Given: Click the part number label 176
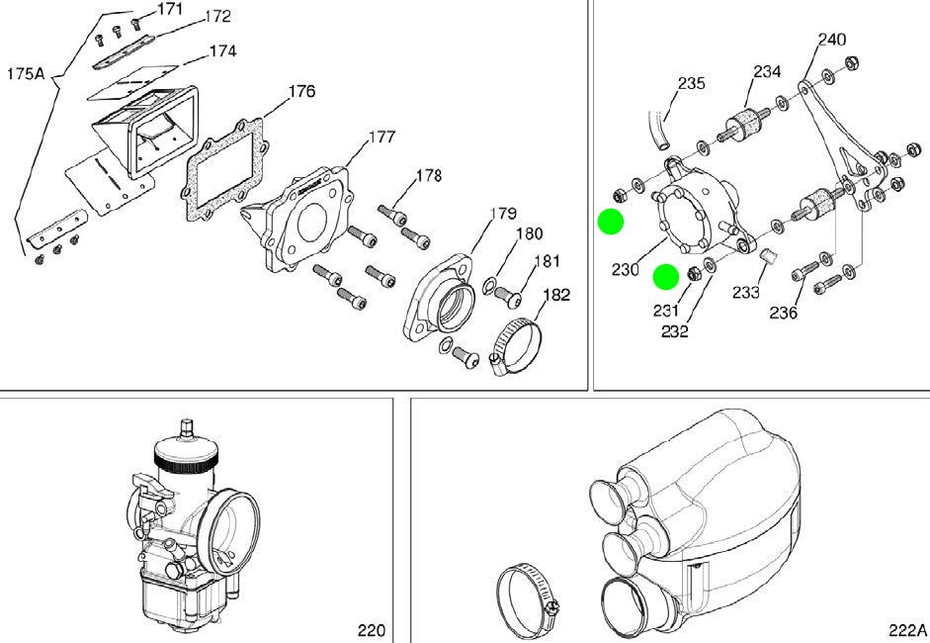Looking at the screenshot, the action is [301, 91].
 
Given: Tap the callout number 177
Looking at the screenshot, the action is [381, 138].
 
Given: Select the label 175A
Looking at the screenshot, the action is [26, 74].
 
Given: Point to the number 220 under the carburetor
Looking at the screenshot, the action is [372, 630].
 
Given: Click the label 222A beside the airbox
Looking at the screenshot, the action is [907, 630].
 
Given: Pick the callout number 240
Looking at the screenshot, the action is [832, 40].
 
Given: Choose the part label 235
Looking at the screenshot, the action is [692, 83].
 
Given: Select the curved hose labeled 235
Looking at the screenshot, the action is [658, 130].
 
